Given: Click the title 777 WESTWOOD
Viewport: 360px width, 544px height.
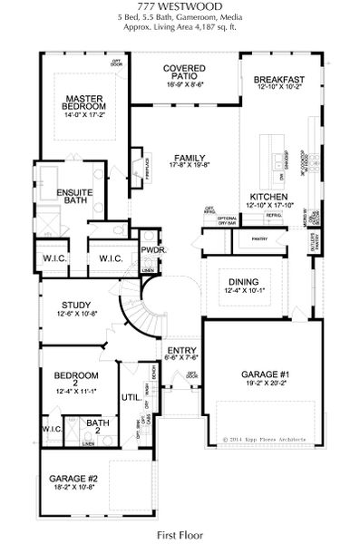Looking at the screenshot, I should click(x=179, y=7).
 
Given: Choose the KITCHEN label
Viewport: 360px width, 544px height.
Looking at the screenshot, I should click(x=269, y=197).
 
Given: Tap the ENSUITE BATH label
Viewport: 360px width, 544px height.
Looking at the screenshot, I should click(x=72, y=197).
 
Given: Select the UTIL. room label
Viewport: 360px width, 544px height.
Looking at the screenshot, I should click(x=130, y=397).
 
